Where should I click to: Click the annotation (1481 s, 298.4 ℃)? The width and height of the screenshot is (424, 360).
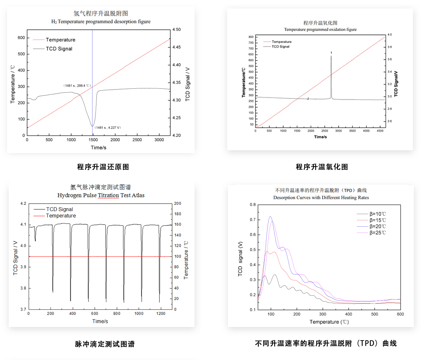[x=77, y=86]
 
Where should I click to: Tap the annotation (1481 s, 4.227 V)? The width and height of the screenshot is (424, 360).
[x=108, y=128]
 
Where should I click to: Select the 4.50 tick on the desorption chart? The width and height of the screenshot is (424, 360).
[x=176, y=30]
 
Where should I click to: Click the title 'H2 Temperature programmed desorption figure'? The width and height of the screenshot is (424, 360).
[x=101, y=22]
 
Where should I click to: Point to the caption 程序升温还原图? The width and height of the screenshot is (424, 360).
[x=103, y=167]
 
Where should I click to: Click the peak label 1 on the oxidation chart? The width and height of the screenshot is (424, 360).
[x=331, y=53]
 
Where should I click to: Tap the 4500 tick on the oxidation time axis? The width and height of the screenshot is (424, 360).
[x=380, y=131]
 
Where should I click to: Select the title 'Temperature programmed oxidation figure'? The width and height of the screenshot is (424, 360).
[x=320, y=30]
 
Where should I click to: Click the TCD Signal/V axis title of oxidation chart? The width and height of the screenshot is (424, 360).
[x=396, y=84]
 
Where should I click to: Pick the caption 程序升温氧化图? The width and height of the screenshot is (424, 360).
[x=322, y=167]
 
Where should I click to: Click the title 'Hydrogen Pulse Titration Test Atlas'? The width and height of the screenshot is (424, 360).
[x=101, y=195]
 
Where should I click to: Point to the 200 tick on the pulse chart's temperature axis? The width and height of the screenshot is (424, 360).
[x=177, y=204]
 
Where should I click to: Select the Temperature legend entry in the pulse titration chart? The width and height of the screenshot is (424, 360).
[x=60, y=216]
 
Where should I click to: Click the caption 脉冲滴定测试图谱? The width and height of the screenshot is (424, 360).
[x=105, y=344]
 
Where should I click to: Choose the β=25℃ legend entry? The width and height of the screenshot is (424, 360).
[x=377, y=233]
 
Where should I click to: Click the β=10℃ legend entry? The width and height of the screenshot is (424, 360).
[x=377, y=214]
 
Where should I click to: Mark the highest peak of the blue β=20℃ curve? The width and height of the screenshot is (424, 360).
[x=270, y=217]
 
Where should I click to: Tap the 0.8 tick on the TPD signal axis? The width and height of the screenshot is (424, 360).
[x=253, y=205]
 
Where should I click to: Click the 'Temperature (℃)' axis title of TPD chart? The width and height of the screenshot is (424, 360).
[x=329, y=322]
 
